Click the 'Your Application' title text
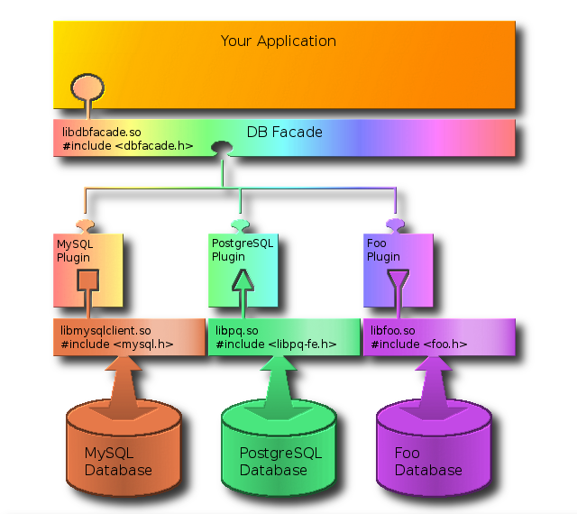coord(278,41)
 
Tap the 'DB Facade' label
coord(284,133)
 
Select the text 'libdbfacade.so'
coord(102,133)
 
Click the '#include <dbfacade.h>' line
coord(127,145)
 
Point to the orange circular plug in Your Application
coord(86,88)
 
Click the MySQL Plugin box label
coord(73,250)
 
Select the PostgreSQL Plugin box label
coord(242,250)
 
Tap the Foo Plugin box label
coord(383,250)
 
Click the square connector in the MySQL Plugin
coord(87,281)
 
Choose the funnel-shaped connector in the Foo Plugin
coord(396,283)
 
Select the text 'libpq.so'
coord(237,330)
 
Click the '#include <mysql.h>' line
coord(117,344)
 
